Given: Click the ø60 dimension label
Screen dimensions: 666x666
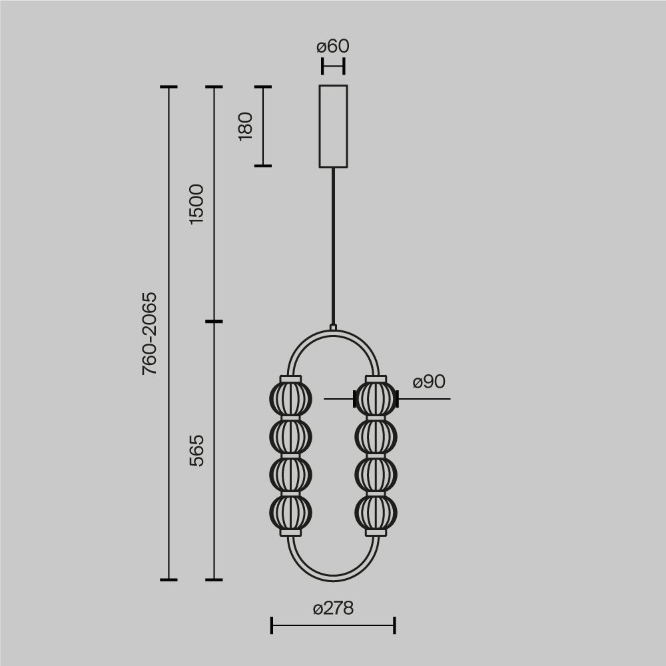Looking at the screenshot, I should click(333, 47).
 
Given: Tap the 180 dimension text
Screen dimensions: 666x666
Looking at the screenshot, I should click(246, 126).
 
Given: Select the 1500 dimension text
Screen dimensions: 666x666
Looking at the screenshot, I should click(197, 204).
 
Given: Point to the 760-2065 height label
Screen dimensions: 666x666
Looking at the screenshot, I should click(150, 333).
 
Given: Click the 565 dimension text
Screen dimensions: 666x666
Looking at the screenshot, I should click(197, 450).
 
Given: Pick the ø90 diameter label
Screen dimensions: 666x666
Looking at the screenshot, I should click(429, 382).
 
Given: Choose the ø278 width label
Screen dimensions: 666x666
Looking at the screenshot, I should click(333, 608).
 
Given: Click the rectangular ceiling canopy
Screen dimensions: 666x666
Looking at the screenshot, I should click(333, 127).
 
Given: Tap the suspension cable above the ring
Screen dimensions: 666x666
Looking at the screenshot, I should click(333, 246).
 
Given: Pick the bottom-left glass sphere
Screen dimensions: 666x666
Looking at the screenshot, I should click(290, 513).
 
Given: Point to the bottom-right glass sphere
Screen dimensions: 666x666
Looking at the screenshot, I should click(376, 513).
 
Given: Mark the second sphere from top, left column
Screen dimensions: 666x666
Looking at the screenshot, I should click(290, 437).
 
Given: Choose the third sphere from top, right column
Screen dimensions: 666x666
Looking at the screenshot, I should click(376, 475).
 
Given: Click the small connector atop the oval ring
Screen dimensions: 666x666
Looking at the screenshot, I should click(333, 328).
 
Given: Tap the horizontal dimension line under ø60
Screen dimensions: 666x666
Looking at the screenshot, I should click(333, 67).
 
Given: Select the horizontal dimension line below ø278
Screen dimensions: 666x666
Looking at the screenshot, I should click(333, 625).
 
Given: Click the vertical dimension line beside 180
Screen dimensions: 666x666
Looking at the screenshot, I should click(263, 126).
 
